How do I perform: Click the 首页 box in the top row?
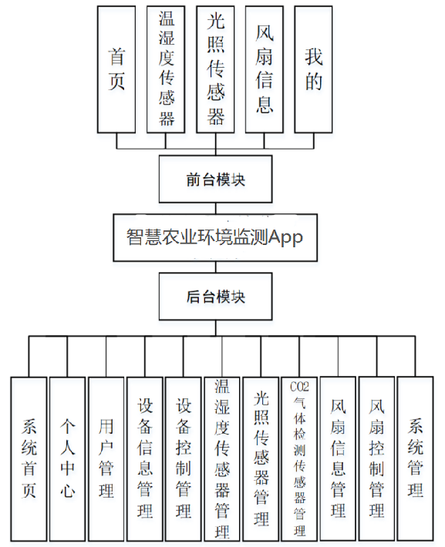point(116,69)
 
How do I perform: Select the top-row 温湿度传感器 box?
point(166,69)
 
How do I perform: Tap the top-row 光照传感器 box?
point(216,69)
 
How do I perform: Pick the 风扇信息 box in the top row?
point(265,69)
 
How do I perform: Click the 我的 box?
point(314,69)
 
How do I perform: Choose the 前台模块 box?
point(215,179)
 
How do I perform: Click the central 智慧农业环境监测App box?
point(215,237)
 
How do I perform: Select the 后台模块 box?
point(215,297)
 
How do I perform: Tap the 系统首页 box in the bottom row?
point(29,458)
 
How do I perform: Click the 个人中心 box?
point(68,458)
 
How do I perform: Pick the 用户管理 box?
point(106,458)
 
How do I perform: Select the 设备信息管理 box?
point(145,458)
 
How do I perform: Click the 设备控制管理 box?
point(184,458)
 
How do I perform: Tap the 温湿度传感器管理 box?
point(222,458)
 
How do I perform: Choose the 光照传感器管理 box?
point(261,458)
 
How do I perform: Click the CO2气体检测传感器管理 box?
point(299,458)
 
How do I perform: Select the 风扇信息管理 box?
point(339,458)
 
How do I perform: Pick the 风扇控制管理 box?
point(377,458)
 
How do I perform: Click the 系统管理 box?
point(416,458)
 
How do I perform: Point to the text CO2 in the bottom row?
point(299,386)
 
